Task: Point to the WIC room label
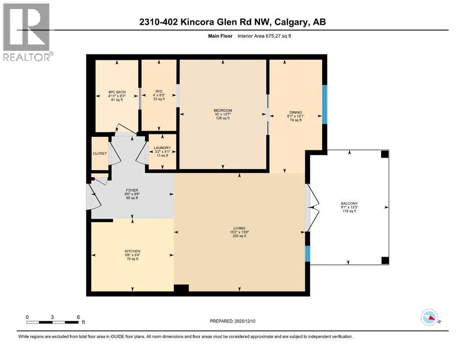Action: (x=159, y=91)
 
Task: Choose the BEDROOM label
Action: (x=222, y=111)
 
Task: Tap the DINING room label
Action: (x=295, y=112)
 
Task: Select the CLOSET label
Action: (x=100, y=153)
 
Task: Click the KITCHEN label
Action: (x=133, y=251)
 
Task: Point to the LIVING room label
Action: (x=239, y=228)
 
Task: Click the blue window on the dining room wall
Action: (x=324, y=104)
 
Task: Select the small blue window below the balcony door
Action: (x=308, y=254)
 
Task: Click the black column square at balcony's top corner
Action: (x=384, y=154)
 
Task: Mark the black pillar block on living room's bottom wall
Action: (x=181, y=289)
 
